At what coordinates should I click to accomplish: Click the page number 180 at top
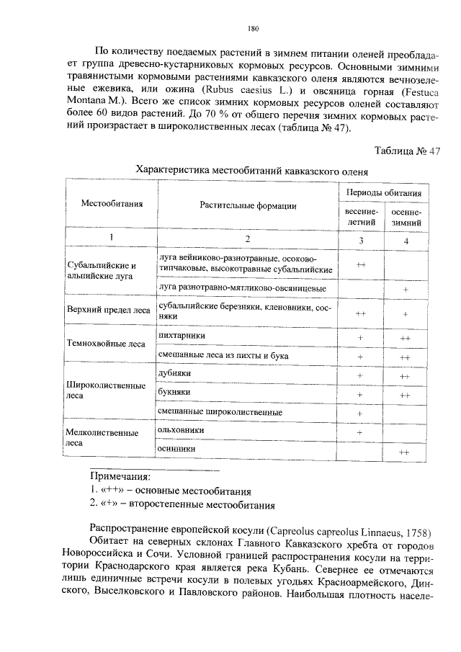(251, 29)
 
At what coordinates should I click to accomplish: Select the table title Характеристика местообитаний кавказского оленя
(251, 171)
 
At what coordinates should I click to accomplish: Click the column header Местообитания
(111, 204)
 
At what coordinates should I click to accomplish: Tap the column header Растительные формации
(247, 205)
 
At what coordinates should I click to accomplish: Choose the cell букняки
(174, 393)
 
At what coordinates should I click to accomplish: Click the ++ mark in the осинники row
(405, 452)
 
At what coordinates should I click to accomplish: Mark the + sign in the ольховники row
(359, 432)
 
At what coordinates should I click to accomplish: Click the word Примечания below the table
(120, 476)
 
